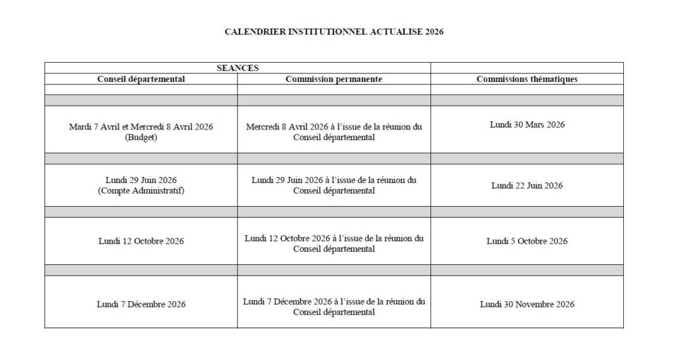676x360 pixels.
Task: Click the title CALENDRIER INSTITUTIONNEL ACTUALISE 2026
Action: (334, 31)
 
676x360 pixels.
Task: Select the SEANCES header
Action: (238, 67)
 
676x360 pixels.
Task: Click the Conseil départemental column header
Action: (141, 79)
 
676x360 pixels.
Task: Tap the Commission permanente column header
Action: (334, 79)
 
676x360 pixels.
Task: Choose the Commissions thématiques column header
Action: (527, 79)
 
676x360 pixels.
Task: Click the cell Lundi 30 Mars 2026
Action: (527, 124)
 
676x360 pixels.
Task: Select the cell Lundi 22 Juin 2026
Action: (527, 186)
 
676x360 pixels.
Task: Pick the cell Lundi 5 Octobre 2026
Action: (527, 241)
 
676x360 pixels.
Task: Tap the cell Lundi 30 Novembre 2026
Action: (527, 305)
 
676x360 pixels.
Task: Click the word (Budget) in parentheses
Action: (141, 138)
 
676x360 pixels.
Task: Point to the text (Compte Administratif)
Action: (141, 192)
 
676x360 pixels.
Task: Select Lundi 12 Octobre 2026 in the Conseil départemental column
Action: (141, 241)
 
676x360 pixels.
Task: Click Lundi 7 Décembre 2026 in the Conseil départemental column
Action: (141, 305)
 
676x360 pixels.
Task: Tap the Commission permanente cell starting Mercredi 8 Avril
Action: (334, 132)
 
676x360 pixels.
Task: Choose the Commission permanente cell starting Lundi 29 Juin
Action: (334, 186)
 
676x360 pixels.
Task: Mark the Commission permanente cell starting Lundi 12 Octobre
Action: (334, 243)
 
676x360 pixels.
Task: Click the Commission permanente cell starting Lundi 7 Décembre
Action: (334, 306)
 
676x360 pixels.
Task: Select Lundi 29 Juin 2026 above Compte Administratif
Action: (141, 180)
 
